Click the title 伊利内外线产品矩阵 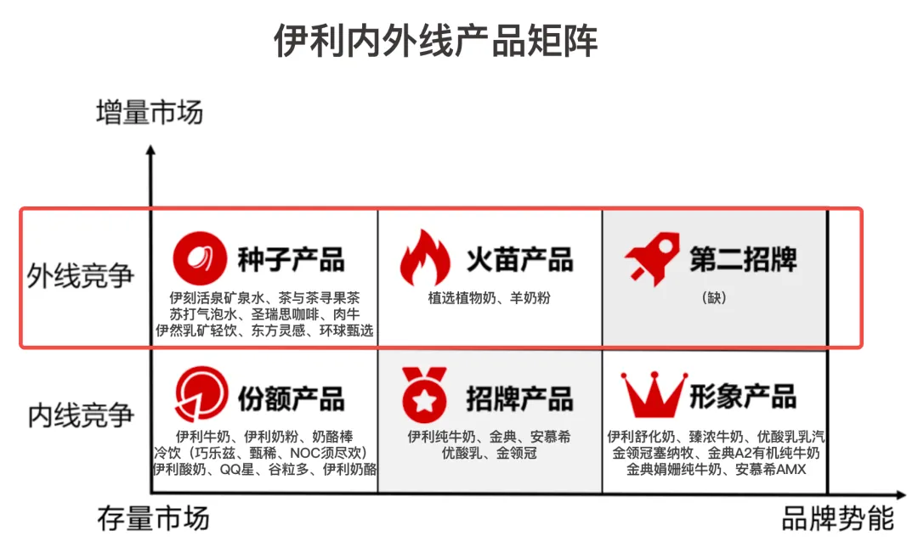[x=435, y=41]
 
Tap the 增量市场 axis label [x=150, y=111]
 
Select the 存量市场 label [x=153, y=517]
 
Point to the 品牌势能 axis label [x=837, y=517]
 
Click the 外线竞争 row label [x=81, y=276]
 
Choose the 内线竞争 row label [x=81, y=415]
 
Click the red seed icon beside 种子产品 [x=201, y=257]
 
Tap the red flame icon [x=426, y=257]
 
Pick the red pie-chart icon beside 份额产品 [x=201, y=396]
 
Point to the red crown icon [x=653, y=395]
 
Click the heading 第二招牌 [x=744, y=258]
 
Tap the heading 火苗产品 [x=519, y=258]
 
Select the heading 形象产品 [x=744, y=396]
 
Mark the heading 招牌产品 [x=519, y=397]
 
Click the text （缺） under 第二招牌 [x=715, y=298]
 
